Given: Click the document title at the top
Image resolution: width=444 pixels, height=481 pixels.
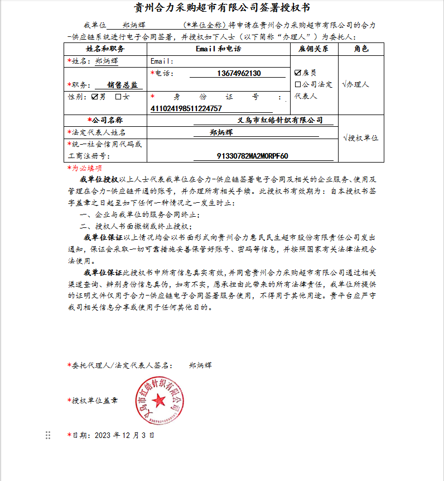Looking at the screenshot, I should click(x=223, y=8).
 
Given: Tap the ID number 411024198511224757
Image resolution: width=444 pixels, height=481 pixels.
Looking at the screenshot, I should click(x=186, y=108).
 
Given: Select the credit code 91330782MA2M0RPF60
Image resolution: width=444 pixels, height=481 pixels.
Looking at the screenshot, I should click(x=252, y=156).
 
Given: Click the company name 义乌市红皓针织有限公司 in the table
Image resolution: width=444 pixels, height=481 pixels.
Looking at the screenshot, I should click(x=280, y=120).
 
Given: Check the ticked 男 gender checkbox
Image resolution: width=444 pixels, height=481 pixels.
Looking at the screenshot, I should click(x=94, y=97).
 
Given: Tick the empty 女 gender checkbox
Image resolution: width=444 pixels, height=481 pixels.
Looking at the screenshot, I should click(x=118, y=97).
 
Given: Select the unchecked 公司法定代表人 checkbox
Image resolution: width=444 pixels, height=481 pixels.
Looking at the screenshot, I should click(x=298, y=85).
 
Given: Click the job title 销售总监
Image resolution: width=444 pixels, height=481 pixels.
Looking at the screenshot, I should click(x=118, y=85).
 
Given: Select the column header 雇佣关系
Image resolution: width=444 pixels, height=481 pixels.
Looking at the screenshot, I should click(x=314, y=49).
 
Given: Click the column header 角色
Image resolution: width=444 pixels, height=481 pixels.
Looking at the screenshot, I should click(x=361, y=49).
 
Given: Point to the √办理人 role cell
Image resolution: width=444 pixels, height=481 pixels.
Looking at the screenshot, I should click(x=356, y=84).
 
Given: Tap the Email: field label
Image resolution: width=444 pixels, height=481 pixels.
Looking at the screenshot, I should click(x=162, y=61).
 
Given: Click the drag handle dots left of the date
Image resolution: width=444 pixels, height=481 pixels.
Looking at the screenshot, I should click(x=48, y=435).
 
